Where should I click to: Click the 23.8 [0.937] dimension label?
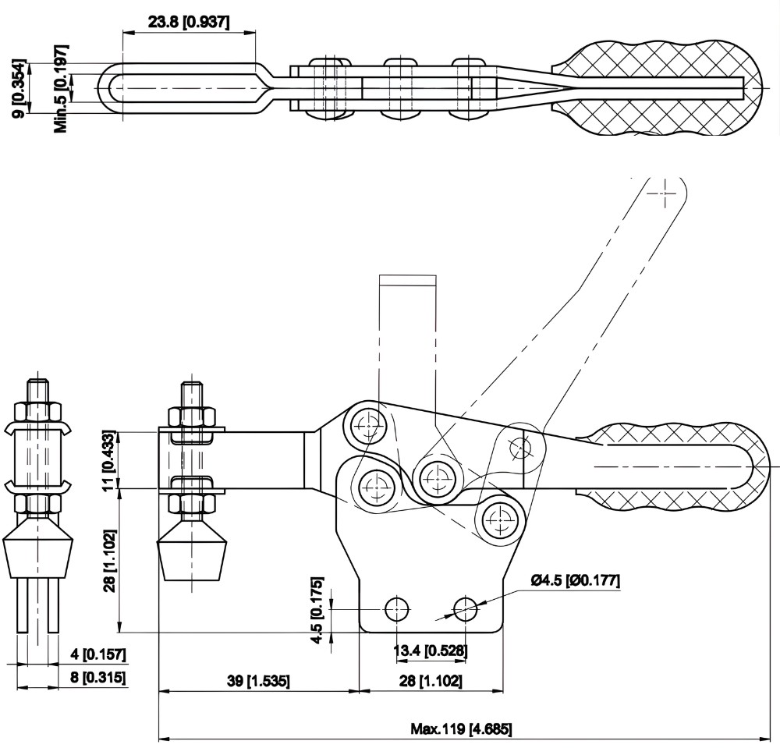189,22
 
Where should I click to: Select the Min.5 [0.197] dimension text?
61,87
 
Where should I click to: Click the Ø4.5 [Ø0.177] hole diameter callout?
576,581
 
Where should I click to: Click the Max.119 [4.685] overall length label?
461,730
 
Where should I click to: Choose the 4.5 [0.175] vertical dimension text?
317,610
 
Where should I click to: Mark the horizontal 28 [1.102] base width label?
431,681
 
